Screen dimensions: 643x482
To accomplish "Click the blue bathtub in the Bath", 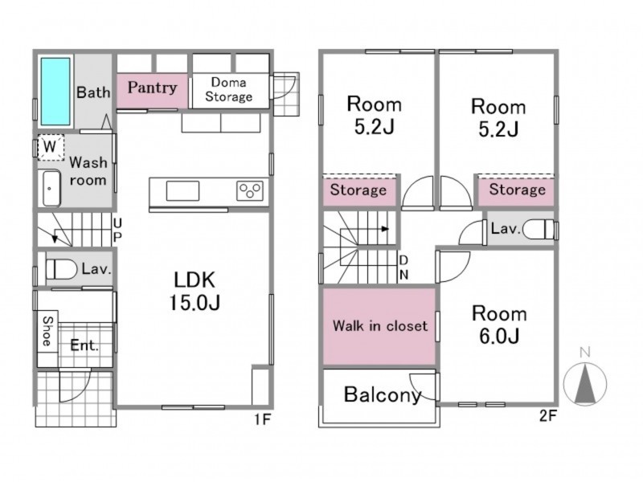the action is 55,92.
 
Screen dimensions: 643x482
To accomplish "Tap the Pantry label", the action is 152,88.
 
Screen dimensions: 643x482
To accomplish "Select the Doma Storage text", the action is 229,89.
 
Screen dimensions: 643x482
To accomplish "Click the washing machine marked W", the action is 51,147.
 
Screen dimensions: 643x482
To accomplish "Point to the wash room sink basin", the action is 51,188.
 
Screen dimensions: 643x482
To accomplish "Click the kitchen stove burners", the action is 250,190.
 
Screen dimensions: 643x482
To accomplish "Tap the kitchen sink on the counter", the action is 182,191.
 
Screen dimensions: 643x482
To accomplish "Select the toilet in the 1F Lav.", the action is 62,270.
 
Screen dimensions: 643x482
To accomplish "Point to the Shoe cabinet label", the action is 47,331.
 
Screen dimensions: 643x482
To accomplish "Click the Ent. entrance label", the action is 84,345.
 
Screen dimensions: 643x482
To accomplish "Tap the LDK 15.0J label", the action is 195,292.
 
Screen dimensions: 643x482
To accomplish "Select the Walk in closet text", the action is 380,326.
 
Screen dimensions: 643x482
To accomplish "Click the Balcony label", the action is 383,394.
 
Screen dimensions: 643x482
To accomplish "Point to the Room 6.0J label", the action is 499,325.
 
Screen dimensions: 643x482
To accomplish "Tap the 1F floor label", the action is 262,419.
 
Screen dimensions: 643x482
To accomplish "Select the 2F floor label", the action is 548,416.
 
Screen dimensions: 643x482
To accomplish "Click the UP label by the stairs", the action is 117,231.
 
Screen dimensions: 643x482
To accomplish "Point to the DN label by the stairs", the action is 404,268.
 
